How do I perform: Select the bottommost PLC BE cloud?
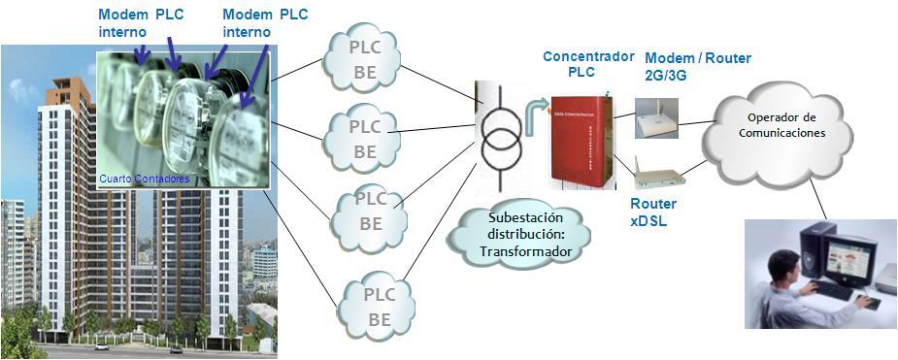(378, 306)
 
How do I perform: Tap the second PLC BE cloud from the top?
(364, 139)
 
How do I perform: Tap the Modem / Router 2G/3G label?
(697, 67)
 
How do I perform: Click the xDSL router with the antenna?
(658, 177)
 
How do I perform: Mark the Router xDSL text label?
(653, 213)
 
